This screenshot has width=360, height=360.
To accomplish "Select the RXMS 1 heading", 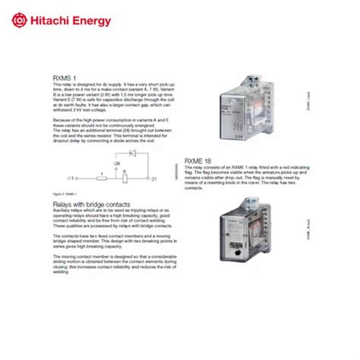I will (65, 77).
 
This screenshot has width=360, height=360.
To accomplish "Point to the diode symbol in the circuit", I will (134, 153).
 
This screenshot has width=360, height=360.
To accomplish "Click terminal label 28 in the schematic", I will (117, 163).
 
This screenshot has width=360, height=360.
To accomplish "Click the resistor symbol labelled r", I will (102, 177).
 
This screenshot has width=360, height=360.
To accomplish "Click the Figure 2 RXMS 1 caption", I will (67, 194).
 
